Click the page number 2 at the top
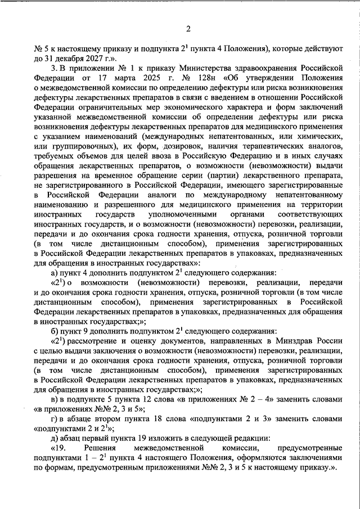[189, 29]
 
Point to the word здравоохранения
[288, 67]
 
